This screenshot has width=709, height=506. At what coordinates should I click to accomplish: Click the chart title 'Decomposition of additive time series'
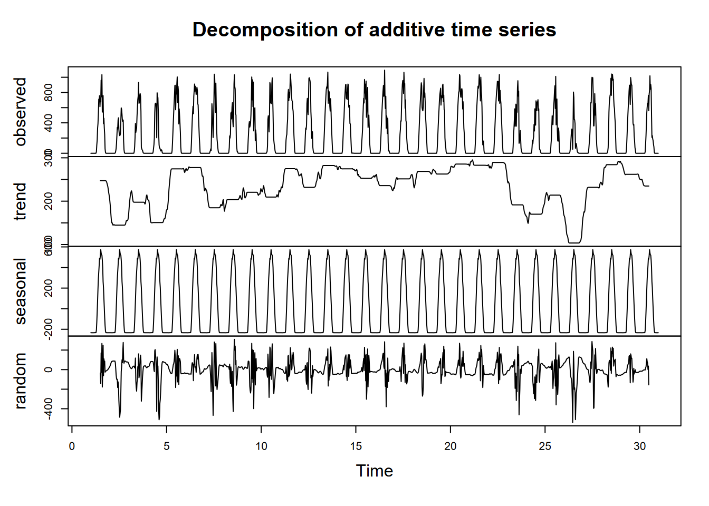coord(374,30)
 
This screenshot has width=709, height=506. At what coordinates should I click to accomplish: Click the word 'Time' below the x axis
coord(374,471)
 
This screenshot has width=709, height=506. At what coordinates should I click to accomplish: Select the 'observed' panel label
coord(20,112)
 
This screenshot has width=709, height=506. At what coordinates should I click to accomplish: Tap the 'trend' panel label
coord(20,201)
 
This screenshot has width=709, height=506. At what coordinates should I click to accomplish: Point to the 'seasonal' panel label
coord(20,291)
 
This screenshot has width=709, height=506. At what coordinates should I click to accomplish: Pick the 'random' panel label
coord(20,381)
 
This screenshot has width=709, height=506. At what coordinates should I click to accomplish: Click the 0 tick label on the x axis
coord(72,446)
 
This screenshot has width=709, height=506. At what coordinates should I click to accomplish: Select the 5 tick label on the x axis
coord(167,446)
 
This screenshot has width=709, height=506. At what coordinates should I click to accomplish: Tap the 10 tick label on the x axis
coord(261,446)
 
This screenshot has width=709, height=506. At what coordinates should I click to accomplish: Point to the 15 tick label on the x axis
coord(356,446)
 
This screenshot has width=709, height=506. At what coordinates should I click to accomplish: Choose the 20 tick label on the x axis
coord(450,446)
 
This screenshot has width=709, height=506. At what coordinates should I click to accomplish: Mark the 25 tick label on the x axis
coord(545,446)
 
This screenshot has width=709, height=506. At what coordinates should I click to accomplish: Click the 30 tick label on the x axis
coord(639,446)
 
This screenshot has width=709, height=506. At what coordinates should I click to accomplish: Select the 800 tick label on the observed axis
coord(49,93)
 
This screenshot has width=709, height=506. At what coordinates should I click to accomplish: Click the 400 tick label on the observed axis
coord(49,123)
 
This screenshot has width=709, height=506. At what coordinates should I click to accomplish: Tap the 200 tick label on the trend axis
coord(49,201)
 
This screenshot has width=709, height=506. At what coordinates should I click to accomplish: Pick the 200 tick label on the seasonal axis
coord(49,288)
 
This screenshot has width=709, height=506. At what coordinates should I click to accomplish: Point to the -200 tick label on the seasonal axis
coord(49,329)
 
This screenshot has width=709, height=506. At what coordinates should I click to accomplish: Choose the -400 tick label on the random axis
coord(49,408)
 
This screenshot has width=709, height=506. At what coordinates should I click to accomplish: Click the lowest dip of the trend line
coord(574,242)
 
